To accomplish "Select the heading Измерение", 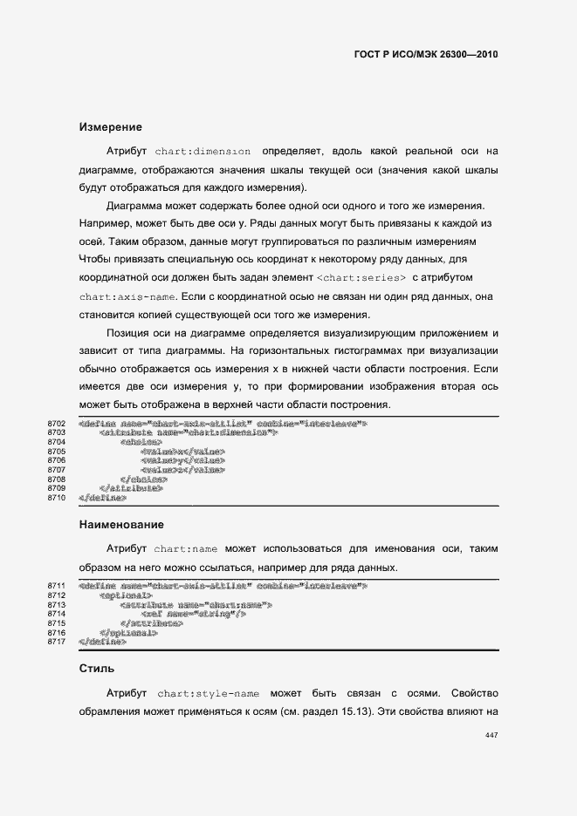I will click(110, 127).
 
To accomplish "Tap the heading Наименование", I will click(121, 525).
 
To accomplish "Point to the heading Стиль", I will click(97, 670).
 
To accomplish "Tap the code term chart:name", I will click(185, 549).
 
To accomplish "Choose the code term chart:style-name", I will click(209, 694).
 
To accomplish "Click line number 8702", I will click(57, 424).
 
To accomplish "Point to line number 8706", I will click(57, 460).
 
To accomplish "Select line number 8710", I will click(57, 497).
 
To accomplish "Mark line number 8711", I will click(57, 586).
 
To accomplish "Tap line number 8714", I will click(57, 614).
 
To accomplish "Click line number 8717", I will click(57, 642).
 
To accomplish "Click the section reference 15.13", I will click(355, 711).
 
